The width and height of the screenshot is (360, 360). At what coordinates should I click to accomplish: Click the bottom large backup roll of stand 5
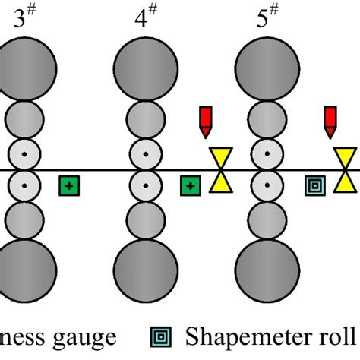(267, 267)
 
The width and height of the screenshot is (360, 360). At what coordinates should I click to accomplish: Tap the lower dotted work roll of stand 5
(267, 185)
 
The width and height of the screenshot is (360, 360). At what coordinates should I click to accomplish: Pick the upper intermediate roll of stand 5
(267, 119)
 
